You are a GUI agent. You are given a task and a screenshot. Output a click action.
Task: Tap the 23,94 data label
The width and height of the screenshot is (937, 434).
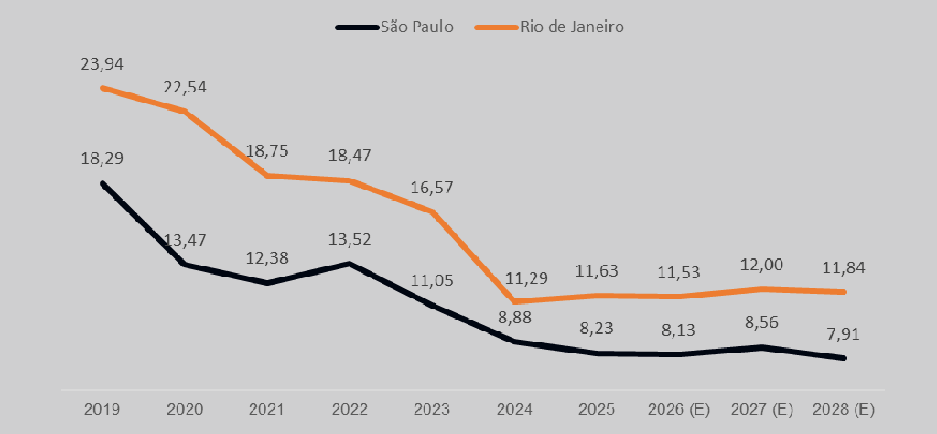coord(102,64)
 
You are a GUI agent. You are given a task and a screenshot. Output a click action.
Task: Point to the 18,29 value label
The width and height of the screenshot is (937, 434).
coord(102,158)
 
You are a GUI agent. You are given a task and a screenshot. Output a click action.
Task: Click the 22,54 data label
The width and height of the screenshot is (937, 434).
coord(185,88)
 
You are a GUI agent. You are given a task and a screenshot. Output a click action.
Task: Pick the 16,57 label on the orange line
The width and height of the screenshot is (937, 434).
coord(432,188)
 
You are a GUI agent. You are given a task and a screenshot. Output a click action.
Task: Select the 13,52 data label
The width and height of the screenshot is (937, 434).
coord(350,240)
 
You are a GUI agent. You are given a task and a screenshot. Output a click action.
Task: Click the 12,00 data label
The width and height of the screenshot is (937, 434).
coord(762,265)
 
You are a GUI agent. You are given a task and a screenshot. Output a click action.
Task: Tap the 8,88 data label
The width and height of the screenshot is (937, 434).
coord(515,319)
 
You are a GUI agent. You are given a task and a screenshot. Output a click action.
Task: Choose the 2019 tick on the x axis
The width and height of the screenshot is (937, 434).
coord(102,407)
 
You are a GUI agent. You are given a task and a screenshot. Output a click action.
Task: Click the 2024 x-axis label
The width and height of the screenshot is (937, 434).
coord(515,407)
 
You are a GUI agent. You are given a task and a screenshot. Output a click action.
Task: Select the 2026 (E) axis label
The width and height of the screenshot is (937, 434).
coord(679,407)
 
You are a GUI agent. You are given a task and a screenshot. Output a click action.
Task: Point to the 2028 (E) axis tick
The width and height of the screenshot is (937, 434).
coord(844,407)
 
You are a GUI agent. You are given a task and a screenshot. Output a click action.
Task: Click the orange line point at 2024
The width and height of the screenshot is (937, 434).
coord(516,301)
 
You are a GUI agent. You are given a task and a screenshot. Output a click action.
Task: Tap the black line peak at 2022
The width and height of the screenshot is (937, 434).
coord(350,264)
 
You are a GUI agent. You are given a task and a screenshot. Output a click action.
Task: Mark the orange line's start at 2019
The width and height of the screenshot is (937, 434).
coord(102,88)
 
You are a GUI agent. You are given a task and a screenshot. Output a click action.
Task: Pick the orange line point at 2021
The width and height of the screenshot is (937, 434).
coord(267,176)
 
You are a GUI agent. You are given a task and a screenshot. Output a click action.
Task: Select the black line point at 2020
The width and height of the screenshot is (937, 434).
coord(185,264)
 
